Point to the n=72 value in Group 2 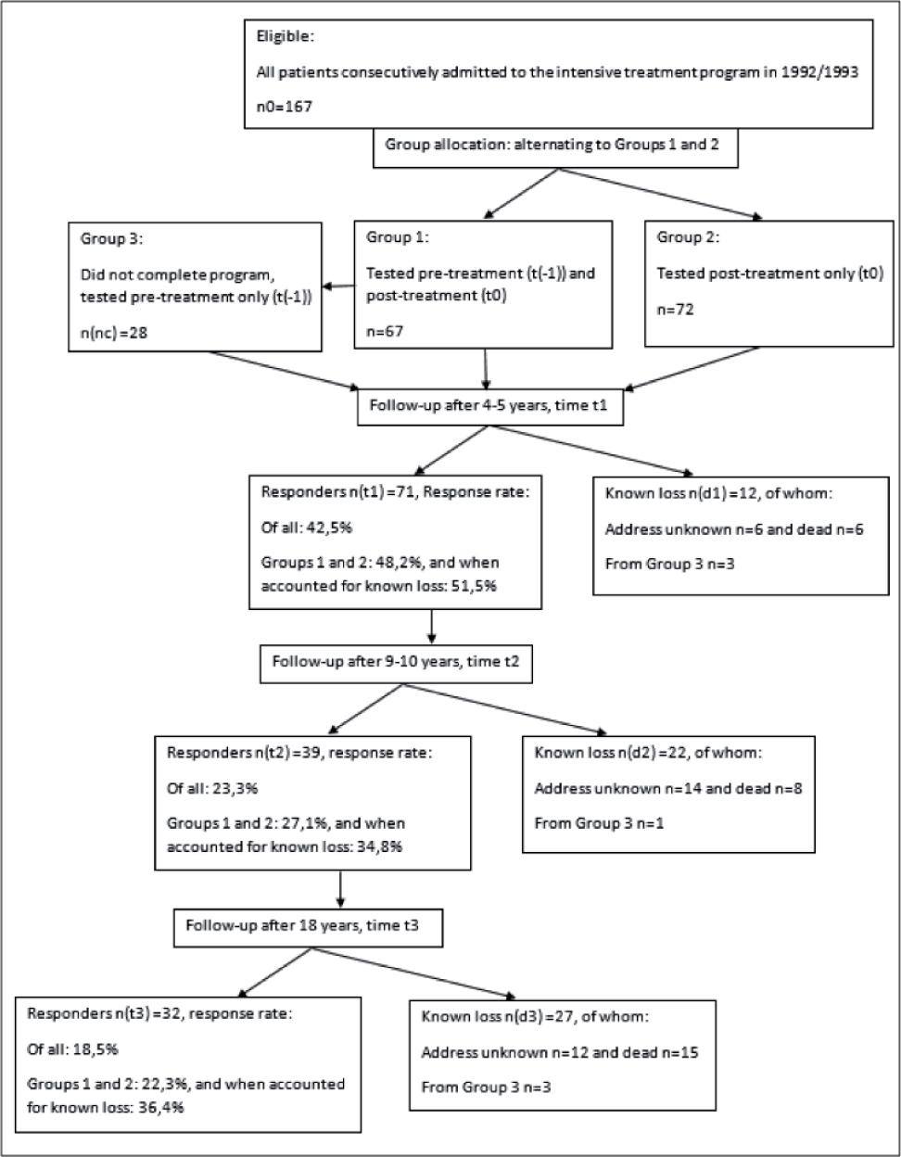coord(676,309)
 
